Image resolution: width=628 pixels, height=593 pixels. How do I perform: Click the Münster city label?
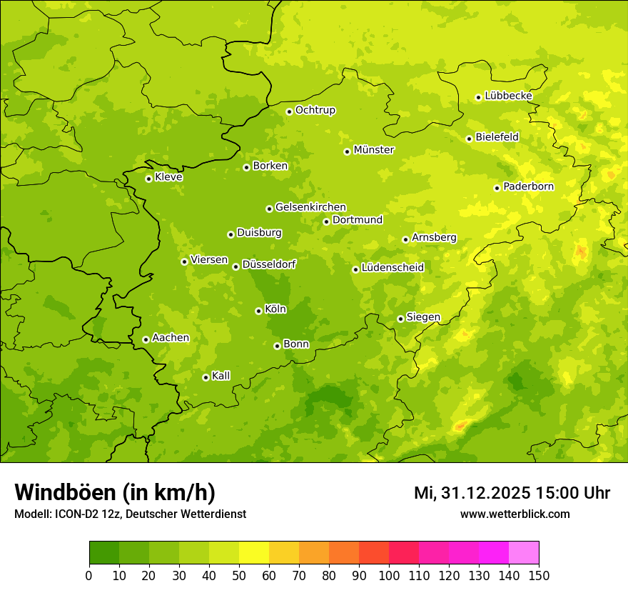374,150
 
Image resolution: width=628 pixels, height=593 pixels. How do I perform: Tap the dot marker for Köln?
258,311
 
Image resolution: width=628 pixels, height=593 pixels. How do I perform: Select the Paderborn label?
528,186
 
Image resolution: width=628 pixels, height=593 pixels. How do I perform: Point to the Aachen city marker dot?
146,339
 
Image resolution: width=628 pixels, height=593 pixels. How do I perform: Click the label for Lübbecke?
508,96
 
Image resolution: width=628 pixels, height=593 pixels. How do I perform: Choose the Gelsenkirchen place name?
310,207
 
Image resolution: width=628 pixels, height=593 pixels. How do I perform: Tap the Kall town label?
221,376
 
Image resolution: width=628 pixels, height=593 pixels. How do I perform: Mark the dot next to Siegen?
400,319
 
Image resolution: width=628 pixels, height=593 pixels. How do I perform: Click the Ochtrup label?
315,110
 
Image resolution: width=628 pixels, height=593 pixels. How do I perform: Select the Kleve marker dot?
148,179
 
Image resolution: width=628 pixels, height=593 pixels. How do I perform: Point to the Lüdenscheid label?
392,268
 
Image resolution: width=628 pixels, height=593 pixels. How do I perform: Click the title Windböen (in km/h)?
115,492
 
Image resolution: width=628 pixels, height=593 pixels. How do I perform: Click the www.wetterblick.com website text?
515,514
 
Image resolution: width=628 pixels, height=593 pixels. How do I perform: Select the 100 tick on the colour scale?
389,575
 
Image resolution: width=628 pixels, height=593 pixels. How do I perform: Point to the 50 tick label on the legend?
239,575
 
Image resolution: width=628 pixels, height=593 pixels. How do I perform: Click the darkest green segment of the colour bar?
104,552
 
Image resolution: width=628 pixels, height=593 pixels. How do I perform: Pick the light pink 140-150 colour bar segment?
524,552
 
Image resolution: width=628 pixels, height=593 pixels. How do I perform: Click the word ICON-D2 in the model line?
74,514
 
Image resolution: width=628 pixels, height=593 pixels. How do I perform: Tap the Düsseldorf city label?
268,264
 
